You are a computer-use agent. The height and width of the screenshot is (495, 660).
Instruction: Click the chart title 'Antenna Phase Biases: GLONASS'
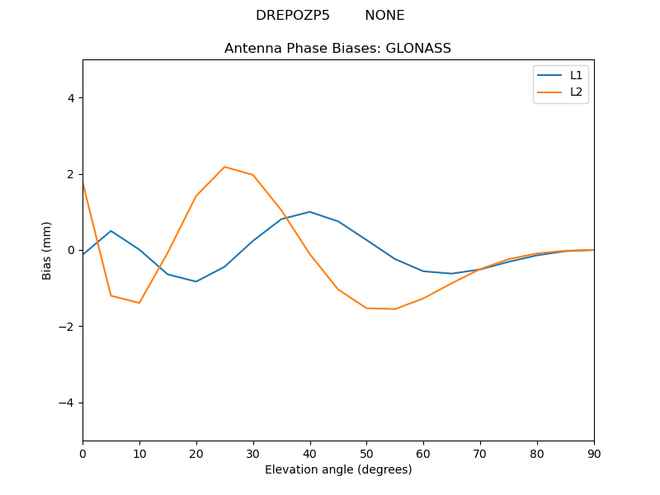click(337, 49)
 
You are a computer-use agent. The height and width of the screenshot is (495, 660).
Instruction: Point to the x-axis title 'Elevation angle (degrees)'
click(338, 469)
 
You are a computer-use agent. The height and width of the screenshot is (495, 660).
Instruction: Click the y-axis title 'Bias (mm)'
click(47, 250)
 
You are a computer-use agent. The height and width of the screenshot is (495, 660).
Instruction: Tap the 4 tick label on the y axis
click(70, 98)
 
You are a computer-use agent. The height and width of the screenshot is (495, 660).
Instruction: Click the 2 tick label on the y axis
click(70, 174)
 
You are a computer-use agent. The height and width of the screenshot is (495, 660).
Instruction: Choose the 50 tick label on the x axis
click(366, 453)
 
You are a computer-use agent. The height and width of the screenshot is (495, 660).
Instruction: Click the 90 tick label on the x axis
click(594, 453)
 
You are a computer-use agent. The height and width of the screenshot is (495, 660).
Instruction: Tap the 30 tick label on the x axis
click(253, 453)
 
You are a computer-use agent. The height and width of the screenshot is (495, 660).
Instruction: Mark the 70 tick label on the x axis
click(480, 453)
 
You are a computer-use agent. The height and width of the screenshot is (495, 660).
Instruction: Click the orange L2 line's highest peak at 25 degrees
click(224, 167)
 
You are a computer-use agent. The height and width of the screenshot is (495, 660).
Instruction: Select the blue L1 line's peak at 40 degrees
click(309, 212)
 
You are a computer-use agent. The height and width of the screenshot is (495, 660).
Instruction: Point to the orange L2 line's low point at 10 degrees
click(139, 303)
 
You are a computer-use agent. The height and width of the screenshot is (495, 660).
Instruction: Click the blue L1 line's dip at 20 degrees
click(196, 281)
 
